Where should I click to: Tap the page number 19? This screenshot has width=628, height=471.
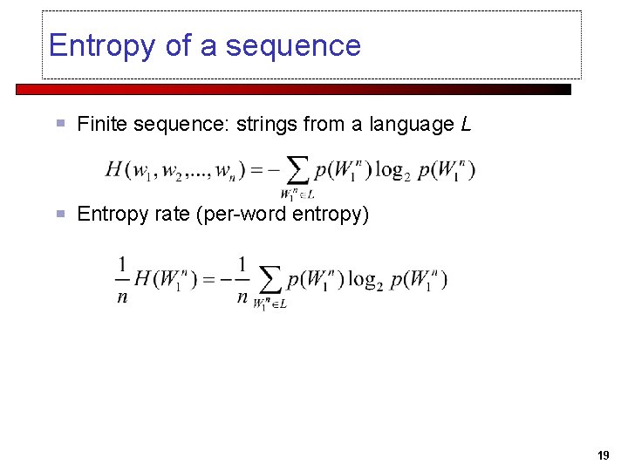coord(604,455)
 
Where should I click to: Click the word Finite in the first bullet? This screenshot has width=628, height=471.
coord(99,125)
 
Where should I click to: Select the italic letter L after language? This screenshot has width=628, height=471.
coord(466,125)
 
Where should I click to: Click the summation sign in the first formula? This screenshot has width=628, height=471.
coord(298,169)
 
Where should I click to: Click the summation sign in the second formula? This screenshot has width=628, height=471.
coord(271,279)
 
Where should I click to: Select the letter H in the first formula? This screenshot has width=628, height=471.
coord(114,169)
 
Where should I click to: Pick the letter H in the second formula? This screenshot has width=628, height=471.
coord(144,279)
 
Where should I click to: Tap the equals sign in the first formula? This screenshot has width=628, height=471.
coord(257,169)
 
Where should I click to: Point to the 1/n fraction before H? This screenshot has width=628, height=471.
coord(122,279)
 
